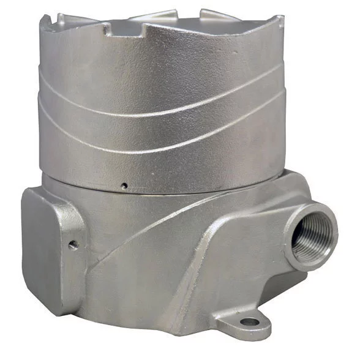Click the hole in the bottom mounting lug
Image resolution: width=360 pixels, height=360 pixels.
click(248, 321)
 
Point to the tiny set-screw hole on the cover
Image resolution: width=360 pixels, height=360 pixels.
click(124, 184)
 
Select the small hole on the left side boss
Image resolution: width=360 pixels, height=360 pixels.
click(73, 245)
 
